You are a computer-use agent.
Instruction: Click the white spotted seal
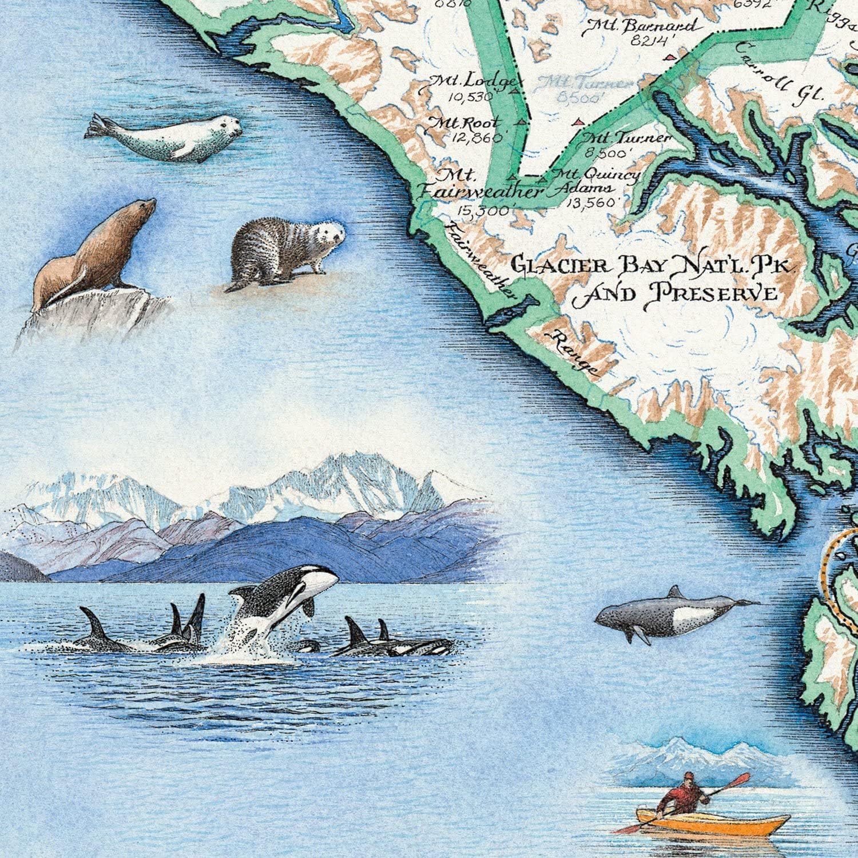166,137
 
